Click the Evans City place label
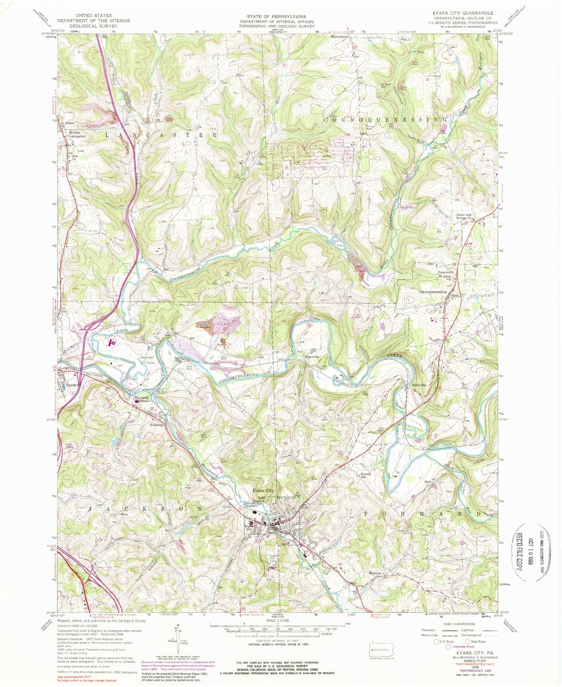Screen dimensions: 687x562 263,490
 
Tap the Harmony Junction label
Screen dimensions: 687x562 142,399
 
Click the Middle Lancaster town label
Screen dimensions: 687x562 77,134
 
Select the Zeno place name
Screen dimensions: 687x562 428,481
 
